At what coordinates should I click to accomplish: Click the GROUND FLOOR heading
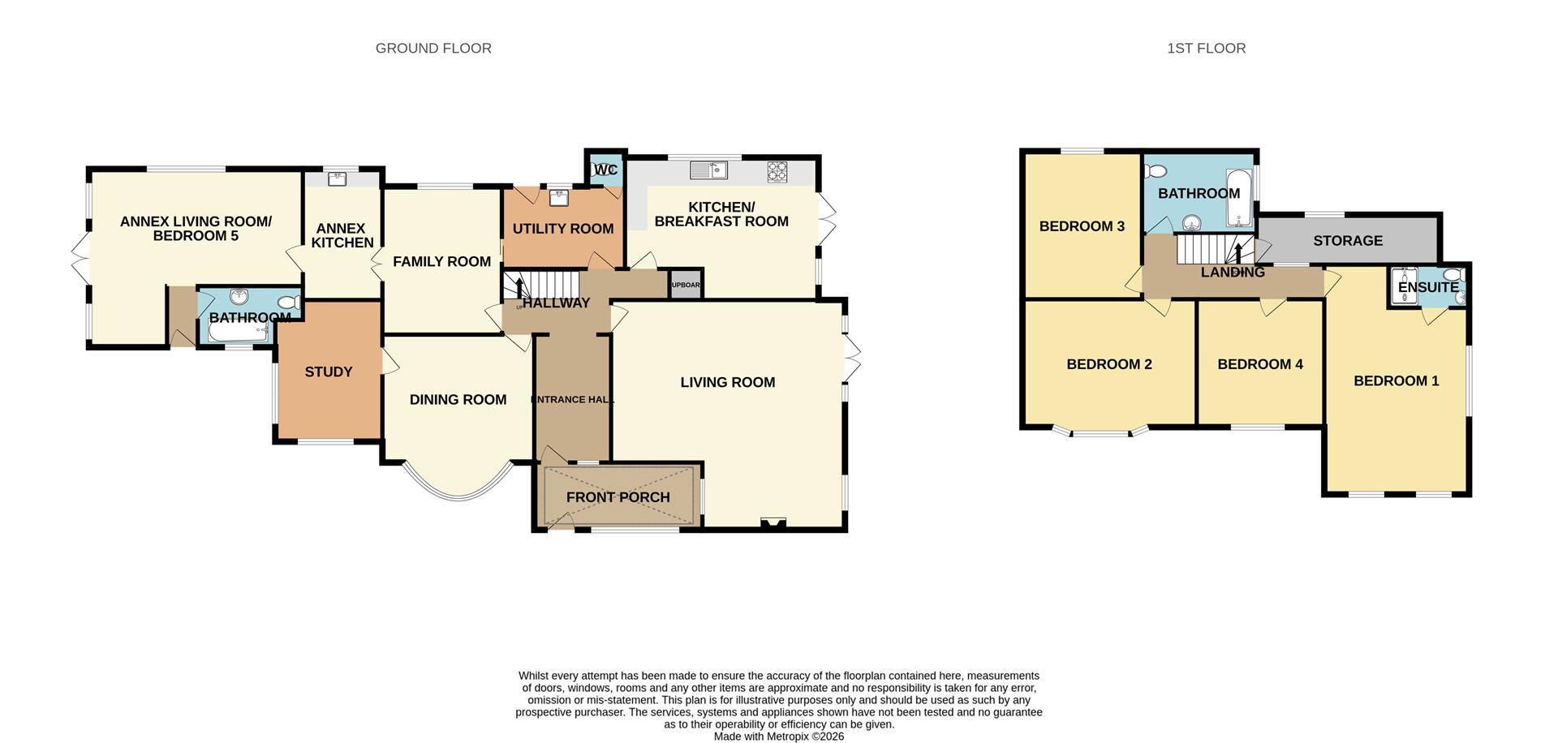tap(433, 49)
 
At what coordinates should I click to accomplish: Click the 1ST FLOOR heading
tap(1206, 49)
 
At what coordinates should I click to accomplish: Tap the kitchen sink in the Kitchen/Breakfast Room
tap(708, 170)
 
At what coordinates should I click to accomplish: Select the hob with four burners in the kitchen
tap(777, 171)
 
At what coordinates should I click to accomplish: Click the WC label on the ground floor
tap(606, 170)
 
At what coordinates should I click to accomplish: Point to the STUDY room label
tap(328, 372)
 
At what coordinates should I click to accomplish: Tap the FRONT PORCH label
tap(618, 497)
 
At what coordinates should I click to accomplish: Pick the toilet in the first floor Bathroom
tap(1156, 171)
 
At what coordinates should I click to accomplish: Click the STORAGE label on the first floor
tap(1347, 241)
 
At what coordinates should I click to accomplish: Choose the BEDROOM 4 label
tap(1259, 364)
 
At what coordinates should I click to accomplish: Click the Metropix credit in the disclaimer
tap(778, 737)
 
